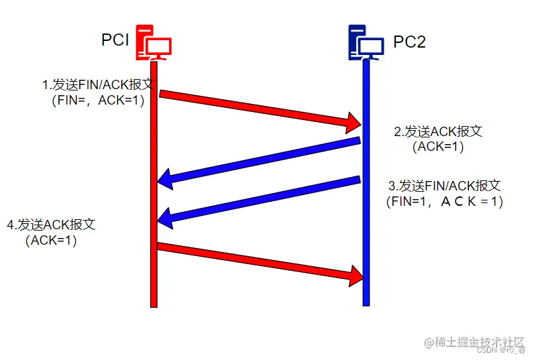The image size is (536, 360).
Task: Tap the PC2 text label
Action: click(409, 43)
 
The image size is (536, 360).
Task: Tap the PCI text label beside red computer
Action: click(115, 40)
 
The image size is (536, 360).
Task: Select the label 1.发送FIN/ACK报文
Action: click(98, 85)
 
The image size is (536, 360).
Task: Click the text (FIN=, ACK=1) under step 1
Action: click(98, 101)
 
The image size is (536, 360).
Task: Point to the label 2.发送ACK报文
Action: click(438, 131)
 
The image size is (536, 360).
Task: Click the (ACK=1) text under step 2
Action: click(438, 147)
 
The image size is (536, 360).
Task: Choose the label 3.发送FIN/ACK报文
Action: click(445, 186)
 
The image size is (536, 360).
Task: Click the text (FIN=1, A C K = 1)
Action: click(445, 201)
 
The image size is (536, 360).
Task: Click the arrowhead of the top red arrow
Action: click(354, 122)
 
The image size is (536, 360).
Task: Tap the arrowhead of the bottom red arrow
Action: click(354, 274)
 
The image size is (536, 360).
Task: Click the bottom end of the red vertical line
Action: click(154, 305)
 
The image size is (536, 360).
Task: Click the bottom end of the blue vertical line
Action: click(366, 304)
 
